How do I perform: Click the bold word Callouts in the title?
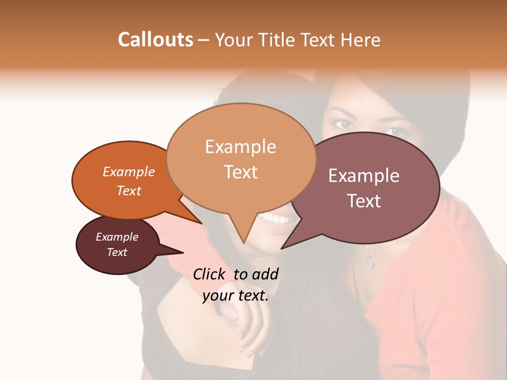pos(155,40)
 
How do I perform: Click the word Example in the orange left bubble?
pos(129,172)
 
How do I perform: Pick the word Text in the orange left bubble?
pos(129,191)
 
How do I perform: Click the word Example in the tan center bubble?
pos(240,147)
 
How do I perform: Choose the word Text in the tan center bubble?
pos(240,172)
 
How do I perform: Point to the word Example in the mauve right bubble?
pos(364,176)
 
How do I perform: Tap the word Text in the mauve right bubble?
pos(364,201)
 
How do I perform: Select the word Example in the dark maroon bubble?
pos(117,237)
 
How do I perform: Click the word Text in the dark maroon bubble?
pos(117,252)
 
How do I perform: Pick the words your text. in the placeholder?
pos(236,296)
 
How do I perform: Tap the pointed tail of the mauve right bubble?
pos(282,248)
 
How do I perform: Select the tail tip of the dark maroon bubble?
pos(183,252)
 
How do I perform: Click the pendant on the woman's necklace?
pos(370,262)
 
